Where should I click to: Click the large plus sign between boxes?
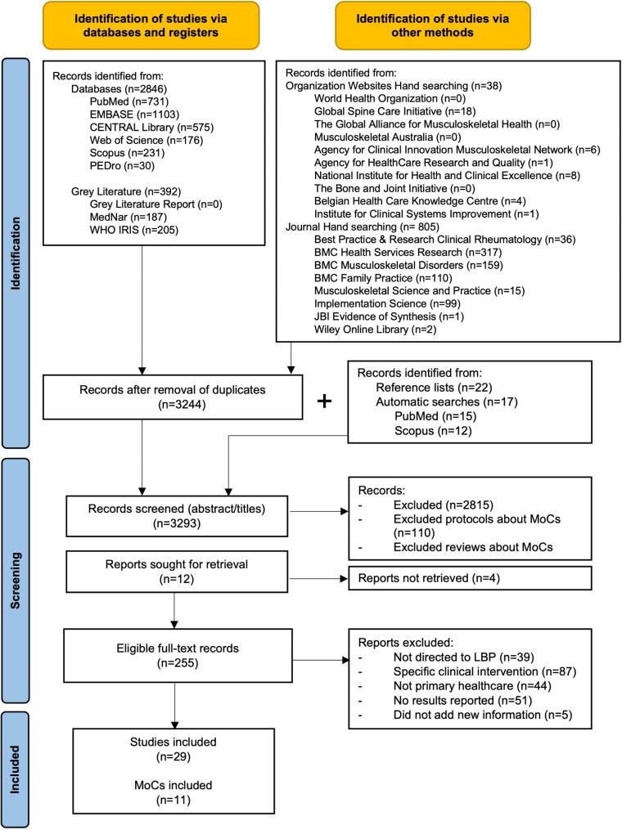326,402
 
